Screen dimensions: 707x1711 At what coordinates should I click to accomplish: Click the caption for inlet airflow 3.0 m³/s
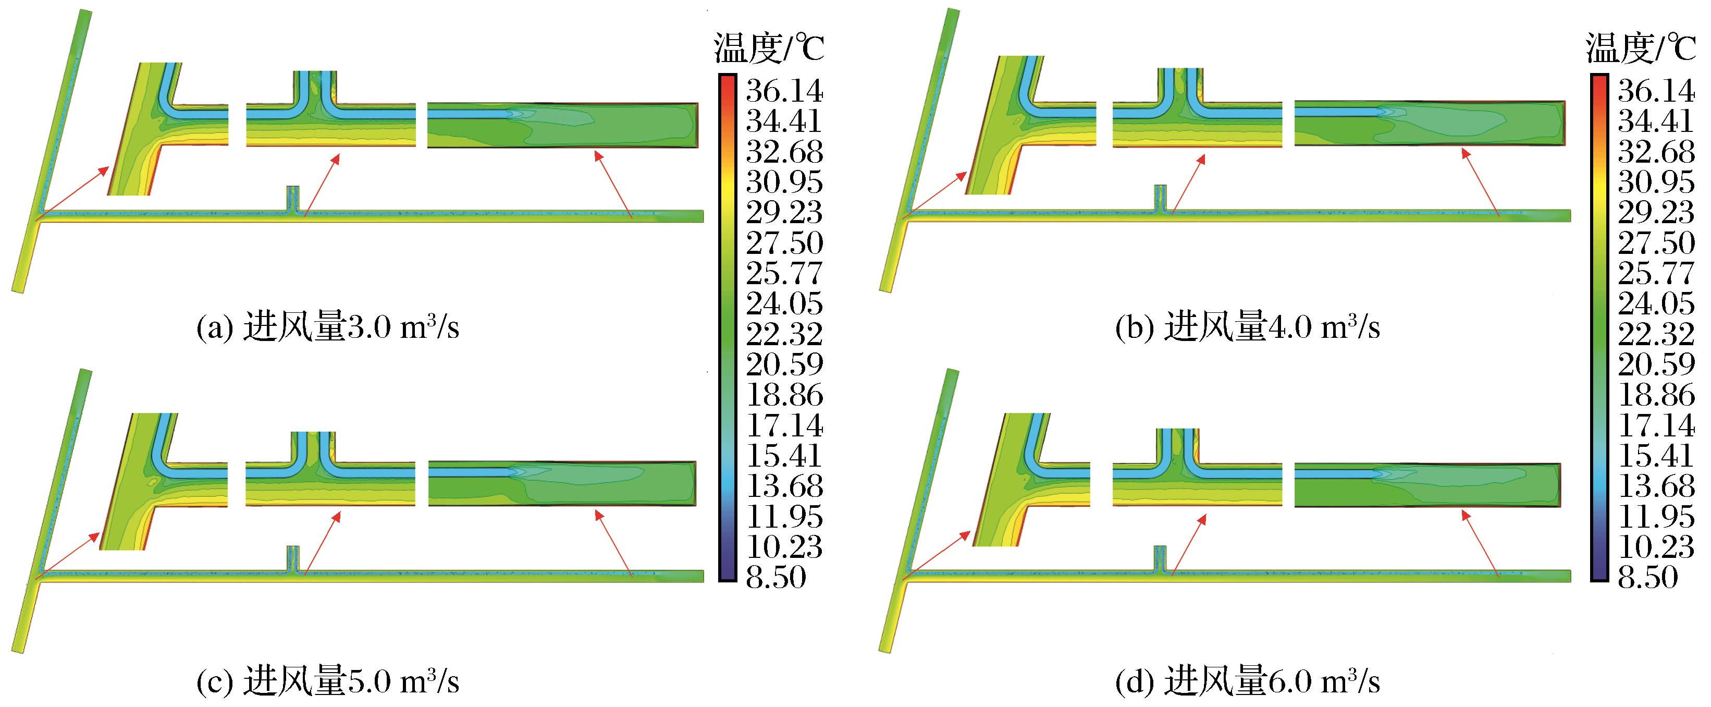coord(327,327)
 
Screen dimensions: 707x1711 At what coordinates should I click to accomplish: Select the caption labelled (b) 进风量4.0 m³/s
coord(1247,327)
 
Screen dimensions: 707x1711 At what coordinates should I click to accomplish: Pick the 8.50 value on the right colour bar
coord(1647,577)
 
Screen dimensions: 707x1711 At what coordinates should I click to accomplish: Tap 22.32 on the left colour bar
coord(784,334)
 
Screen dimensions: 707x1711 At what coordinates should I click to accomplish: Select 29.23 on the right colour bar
coord(1656,213)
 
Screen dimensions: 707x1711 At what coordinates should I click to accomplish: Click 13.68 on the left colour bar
coord(784,486)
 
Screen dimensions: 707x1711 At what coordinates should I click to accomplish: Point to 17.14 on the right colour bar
coord(1656,425)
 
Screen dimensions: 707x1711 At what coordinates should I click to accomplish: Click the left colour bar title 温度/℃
coord(769,48)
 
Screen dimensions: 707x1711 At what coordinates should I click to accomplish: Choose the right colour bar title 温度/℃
coord(1641,48)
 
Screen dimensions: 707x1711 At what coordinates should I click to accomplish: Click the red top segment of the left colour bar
coord(728,83)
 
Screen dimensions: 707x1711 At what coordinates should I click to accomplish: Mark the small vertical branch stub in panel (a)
coord(293,198)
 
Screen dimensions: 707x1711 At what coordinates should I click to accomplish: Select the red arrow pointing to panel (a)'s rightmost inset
coord(611,184)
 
